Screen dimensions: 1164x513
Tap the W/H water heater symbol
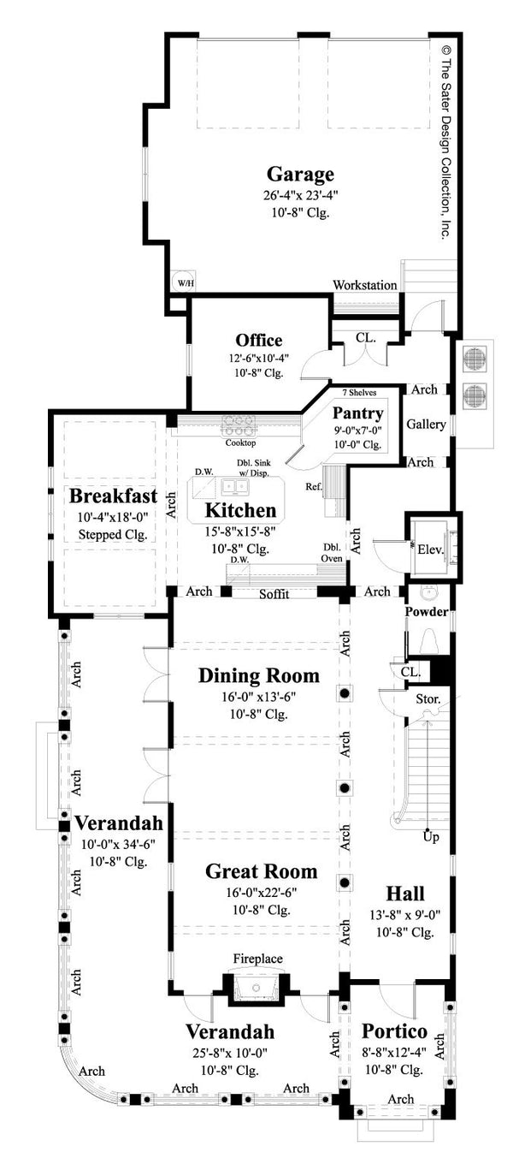coord(184,282)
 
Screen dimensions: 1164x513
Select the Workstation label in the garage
coord(365,285)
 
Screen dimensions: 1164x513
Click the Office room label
coord(259,340)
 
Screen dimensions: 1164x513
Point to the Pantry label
coord(358,414)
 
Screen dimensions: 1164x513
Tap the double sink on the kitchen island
coord(233,487)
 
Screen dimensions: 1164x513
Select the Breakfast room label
coord(113,496)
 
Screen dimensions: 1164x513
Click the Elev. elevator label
coord(429,549)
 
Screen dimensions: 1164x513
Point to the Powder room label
coord(425,612)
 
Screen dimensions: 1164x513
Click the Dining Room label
coord(259,675)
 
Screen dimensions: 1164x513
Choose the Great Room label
coord(261,871)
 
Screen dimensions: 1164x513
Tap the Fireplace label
coord(259,959)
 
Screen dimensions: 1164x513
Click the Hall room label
coord(404,893)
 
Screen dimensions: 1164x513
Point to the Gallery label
coord(424,425)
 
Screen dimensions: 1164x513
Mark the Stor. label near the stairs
coord(427,699)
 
